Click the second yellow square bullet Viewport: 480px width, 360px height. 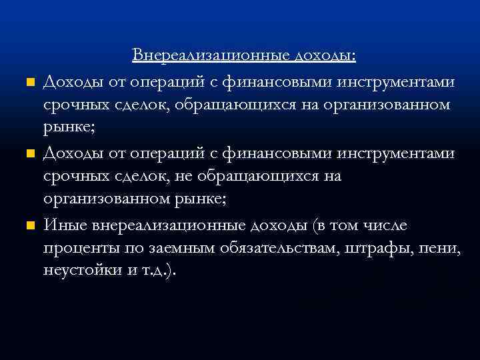tap(29, 155)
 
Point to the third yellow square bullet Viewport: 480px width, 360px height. tap(29, 226)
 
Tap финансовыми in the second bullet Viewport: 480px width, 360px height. tap(274, 154)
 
